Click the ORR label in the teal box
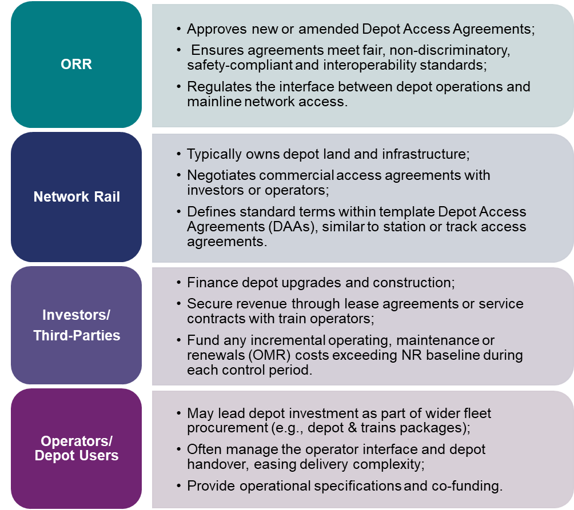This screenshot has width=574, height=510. (x=76, y=64)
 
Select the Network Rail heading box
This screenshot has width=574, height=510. (x=77, y=198)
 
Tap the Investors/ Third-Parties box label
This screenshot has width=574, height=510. (x=77, y=325)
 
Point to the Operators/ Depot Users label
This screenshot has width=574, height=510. (x=77, y=448)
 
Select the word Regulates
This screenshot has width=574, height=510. (x=214, y=87)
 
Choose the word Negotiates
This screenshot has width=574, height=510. (x=218, y=175)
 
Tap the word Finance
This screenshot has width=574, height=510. (x=210, y=283)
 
